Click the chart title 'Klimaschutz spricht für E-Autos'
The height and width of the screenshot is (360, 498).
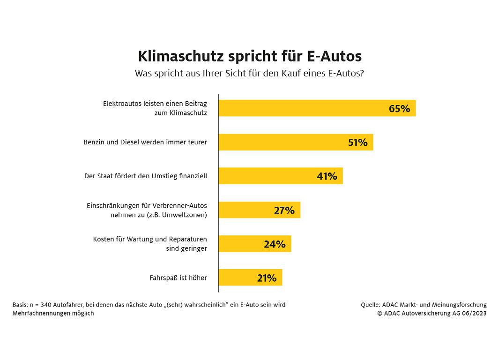(x=250, y=56)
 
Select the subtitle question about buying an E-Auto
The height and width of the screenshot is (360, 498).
(x=250, y=74)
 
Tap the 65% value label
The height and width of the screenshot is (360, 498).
(x=399, y=109)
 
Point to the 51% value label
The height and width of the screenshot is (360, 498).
(x=358, y=142)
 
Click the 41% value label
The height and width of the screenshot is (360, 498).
(x=327, y=176)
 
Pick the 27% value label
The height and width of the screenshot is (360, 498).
(x=284, y=210)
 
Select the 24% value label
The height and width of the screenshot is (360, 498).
(x=275, y=244)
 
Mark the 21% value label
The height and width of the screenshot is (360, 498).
(x=267, y=278)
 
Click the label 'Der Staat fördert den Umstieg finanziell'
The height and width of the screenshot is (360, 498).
(x=146, y=176)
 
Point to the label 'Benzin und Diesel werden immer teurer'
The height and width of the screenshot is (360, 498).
(x=145, y=142)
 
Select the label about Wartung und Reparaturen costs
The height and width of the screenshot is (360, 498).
(x=150, y=244)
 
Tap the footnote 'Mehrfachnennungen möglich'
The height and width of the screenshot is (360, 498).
(x=53, y=314)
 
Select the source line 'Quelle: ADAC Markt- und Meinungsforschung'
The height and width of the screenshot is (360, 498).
(x=424, y=305)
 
